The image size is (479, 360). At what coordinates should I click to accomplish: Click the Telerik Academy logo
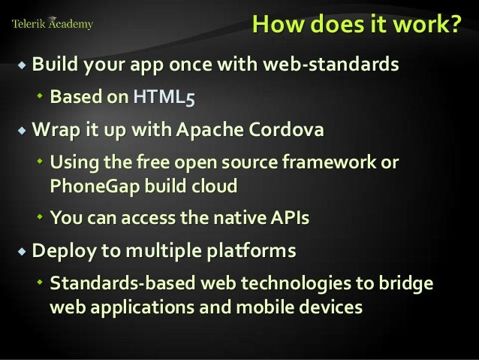pyautogui.click(x=53, y=24)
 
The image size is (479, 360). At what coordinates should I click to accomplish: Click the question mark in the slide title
pyautogui.click(x=456, y=24)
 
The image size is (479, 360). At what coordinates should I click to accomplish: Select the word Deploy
pyautogui.click(x=60, y=250)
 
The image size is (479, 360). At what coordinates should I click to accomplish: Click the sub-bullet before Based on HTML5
pyautogui.click(x=41, y=97)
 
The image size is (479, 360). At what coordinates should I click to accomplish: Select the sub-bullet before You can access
pyautogui.click(x=41, y=218)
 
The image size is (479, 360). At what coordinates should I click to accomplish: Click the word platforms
pyautogui.click(x=251, y=250)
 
